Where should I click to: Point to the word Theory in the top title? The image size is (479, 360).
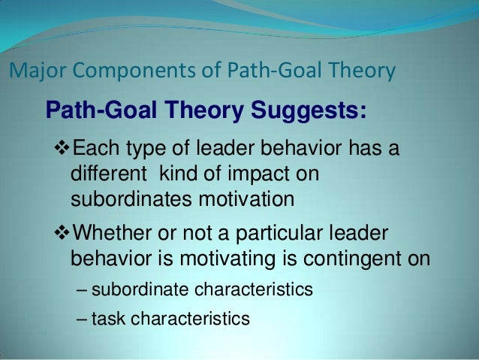(x=360, y=72)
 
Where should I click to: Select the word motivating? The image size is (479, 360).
(x=255, y=258)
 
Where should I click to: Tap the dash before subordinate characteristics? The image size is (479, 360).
(x=82, y=289)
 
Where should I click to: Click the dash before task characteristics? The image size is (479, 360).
(x=82, y=319)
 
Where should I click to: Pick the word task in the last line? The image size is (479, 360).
(x=108, y=319)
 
